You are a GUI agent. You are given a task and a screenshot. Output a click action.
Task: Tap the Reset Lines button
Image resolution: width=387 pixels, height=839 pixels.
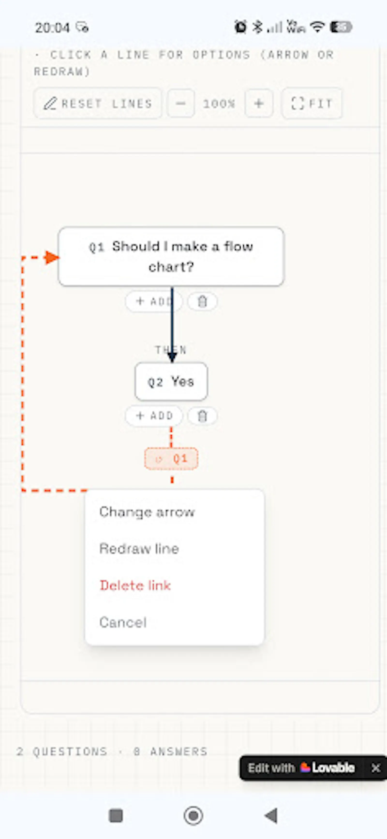tap(97, 103)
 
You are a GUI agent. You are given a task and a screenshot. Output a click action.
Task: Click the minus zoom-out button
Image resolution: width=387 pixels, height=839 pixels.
tap(181, 103)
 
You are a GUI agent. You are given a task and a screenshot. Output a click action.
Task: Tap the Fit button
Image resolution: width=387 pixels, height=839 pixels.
tap(312, 103)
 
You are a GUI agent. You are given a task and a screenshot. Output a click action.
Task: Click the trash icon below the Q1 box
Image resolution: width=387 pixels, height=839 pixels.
tap(202, 301)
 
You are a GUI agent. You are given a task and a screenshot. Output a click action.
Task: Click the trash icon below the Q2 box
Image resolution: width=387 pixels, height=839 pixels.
tap(202, 416)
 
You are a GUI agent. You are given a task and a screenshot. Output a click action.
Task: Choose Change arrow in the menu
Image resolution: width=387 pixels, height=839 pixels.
tap(147, 512)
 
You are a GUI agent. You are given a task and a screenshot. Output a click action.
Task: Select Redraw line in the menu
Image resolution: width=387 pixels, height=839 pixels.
tap(139, 549)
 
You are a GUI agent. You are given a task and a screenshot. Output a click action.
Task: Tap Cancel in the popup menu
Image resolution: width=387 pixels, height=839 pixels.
tap(123, 622)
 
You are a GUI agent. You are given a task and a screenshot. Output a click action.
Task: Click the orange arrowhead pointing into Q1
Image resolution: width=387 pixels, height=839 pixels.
tap(52, 258)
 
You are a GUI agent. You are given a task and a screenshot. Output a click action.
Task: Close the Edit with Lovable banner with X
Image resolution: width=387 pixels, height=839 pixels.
tap(376, 768)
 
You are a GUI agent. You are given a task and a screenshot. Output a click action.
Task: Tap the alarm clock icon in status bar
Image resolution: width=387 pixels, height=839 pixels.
tap(241, 27)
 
